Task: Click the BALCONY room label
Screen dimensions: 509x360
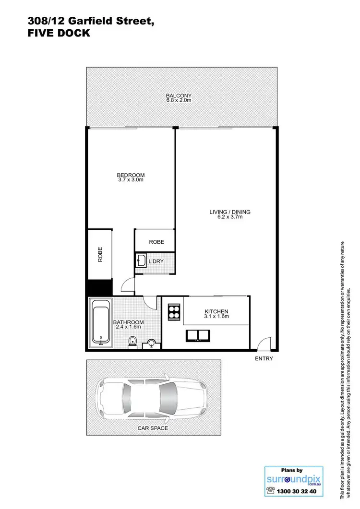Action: click(179, 95)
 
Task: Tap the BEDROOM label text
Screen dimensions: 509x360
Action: click(131, 175)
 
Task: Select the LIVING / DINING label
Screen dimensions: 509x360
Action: click(229, 212)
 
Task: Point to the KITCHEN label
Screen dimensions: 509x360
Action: click(216, 311)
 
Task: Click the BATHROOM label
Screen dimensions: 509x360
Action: click(128, 322)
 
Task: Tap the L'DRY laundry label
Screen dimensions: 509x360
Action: click(156, 261)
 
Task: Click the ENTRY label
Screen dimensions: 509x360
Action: click(264, 358)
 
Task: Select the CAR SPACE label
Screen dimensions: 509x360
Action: click(153, 428)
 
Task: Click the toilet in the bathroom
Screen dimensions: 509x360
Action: click(132, 341)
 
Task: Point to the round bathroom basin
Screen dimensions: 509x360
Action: click(152, 343)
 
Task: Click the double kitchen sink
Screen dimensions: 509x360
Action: click(197, 336)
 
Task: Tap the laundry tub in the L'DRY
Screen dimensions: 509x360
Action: click(141, 261)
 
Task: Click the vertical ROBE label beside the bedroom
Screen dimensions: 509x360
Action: click(100, 254)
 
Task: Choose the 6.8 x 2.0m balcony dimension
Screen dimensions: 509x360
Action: click(179, 100)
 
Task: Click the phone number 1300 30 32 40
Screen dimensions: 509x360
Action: click(298, 491)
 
